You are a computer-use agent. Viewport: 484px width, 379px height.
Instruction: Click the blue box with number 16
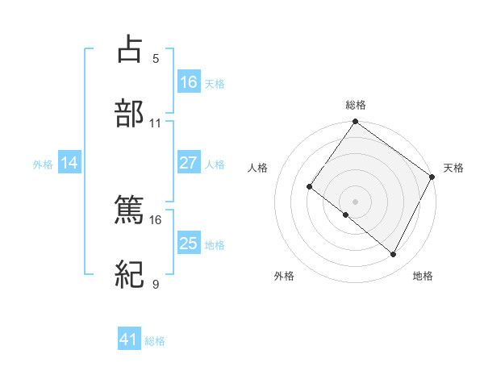click(189, 81)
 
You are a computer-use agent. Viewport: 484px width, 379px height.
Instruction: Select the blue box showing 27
click(189, 162)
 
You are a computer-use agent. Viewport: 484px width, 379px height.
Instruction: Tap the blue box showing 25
click(189, 243)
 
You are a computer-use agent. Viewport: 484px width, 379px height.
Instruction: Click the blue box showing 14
click(69, 163)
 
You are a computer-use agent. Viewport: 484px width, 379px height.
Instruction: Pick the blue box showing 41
click(129, 339)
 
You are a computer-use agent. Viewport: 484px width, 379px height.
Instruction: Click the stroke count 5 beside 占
click(156, 58)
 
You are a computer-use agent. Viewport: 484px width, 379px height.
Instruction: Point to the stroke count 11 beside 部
click(156, 123)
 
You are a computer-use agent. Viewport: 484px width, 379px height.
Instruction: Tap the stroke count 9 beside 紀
click(156, 285)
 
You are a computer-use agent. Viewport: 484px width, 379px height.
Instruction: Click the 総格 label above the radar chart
click(355, 105)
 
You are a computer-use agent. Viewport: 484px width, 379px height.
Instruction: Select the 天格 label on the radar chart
click(453, 168)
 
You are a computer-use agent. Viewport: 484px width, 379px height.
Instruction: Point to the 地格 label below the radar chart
click(423, 276)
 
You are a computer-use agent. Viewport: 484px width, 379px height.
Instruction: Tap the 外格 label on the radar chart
click(284, 276)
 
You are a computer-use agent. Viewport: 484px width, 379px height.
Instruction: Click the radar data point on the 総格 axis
click(355, 123)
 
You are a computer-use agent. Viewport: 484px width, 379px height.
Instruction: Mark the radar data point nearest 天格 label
click(432, 177)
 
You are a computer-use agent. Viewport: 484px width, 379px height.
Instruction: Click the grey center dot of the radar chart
click(355, 201)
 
